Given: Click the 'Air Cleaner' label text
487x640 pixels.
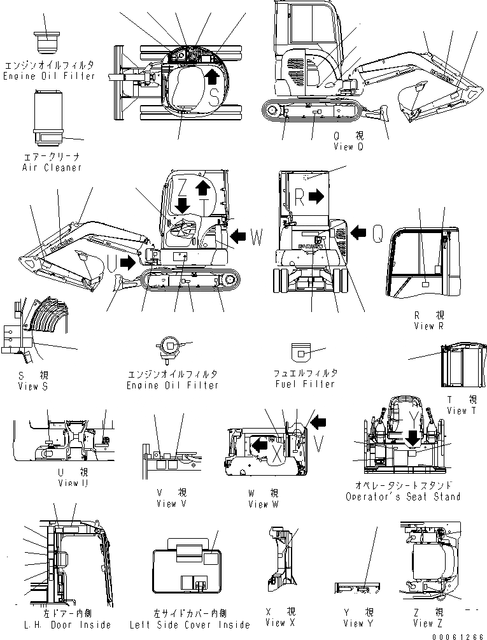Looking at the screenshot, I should [51, 167].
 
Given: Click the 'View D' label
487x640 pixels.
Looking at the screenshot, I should [348, 147].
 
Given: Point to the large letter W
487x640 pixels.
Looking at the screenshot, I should [257, 238].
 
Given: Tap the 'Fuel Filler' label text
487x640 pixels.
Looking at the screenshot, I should [304, 384].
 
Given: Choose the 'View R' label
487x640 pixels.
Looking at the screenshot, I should [428, 326].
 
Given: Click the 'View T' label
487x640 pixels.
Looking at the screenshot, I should [457, 411].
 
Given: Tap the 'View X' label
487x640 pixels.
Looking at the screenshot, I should [280, 623].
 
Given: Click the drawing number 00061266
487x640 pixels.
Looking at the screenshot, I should [456, 635].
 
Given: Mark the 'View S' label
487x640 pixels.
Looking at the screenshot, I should [32, 386].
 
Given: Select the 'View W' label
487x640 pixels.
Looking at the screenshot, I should [263, 504].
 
